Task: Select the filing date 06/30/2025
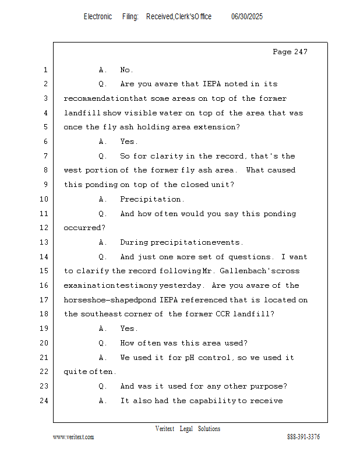point(247,17)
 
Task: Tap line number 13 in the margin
point(45,242)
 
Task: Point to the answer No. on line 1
point(127,70)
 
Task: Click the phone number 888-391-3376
point(303,437)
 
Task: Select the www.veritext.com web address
point(73,437)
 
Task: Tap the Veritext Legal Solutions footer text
point(188,429)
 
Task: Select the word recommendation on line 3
point(96,98)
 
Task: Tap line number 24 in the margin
point(45,401)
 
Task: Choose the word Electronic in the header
point(98,17)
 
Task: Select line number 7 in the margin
point(45,156)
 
